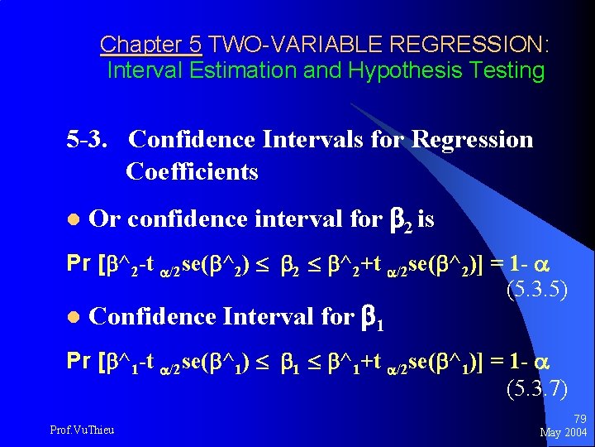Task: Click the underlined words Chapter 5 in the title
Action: click(x=150, y=44)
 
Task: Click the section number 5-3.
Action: click(x=90, y=139)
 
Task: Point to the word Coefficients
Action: click(x=192, y=172)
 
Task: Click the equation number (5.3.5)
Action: click(x=535, y=291)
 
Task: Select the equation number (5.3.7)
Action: click(x=535, y=386)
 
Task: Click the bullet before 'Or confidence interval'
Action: click(x=72, y=220)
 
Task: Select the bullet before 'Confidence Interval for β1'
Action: click(x=72, y=316)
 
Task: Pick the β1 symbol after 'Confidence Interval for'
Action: click(x=374, y=316)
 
